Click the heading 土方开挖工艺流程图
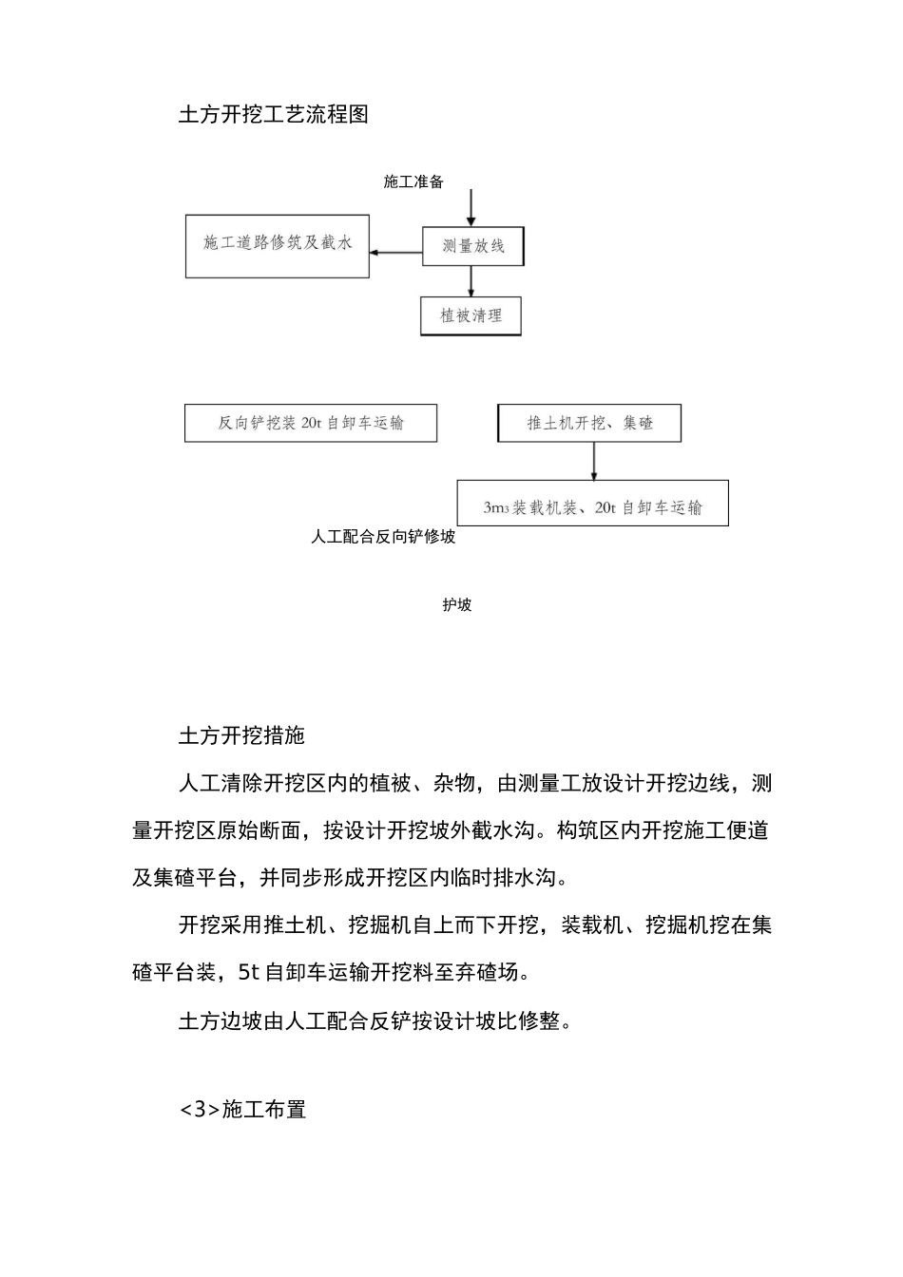click(273, 115)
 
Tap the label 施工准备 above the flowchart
click(413, 181)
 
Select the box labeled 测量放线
click(472, 247)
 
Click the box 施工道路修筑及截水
click(277, 245)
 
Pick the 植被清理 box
click(471, 315)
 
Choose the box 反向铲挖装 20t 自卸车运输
click(310, 423)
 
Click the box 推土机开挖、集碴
click(589, 423)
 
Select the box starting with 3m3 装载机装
click(592, 507)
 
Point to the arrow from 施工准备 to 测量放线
click(471, 207)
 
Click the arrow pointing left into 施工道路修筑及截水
click(395, 253)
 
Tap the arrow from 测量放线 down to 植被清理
click(471, 281)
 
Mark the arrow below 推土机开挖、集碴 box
click(594, 461)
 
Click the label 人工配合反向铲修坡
click(383, 537)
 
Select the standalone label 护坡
click(456, 605)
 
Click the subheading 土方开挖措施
click(241, 735)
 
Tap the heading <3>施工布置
click(242, 1109)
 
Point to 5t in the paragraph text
click(247, 972)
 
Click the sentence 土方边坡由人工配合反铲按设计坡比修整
click(375, 1021)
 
